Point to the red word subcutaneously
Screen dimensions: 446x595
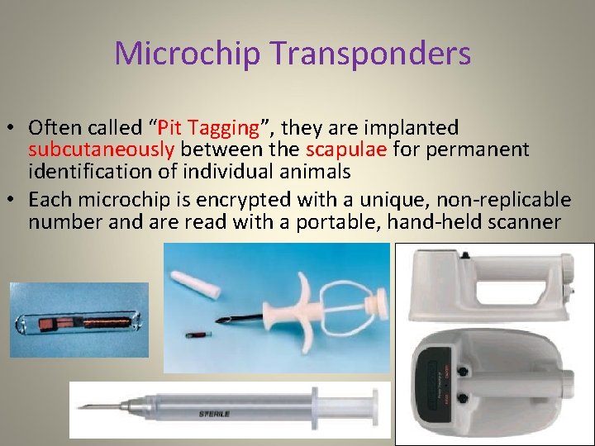pos(102,149)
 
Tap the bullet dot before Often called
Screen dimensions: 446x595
pos(14,130)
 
